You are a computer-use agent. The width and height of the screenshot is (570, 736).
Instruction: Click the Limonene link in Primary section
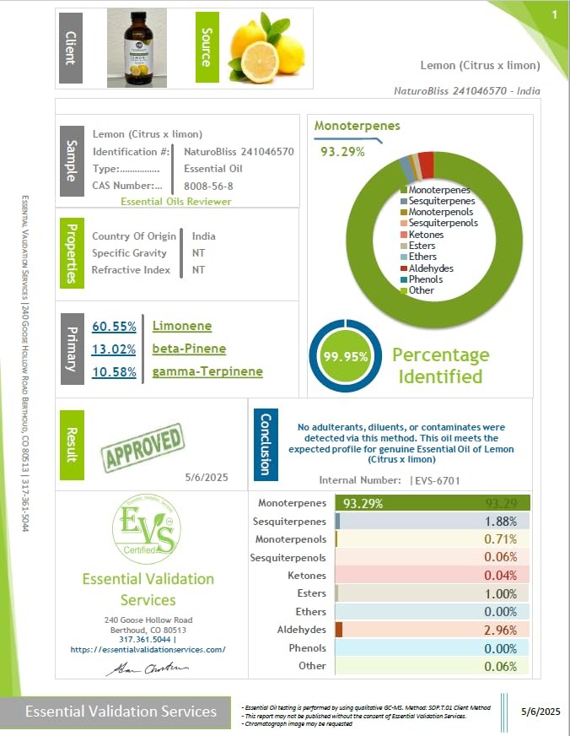(x=182, y=327)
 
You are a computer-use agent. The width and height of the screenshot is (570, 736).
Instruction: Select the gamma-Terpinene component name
(x=207, y=372)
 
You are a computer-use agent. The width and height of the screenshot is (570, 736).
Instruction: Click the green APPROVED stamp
(x=142, y=447)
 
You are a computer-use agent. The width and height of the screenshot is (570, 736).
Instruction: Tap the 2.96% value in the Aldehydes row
(x=501, y=630)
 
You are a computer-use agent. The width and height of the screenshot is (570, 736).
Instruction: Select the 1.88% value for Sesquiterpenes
(x=501, y=522)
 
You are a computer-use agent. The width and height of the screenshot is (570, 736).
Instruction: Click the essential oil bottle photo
(x=137, y=47)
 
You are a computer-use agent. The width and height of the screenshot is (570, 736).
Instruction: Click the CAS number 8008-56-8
(x=208, y=186)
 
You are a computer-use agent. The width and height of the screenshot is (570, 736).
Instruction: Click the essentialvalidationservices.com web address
(x=148, y=649)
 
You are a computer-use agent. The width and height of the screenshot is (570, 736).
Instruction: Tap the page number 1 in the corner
(x=554, y=15)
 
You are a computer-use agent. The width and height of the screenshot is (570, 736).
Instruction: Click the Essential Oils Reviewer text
(x=175, y=202)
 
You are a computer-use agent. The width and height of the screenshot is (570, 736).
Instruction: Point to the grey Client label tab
(x=70, y=48)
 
